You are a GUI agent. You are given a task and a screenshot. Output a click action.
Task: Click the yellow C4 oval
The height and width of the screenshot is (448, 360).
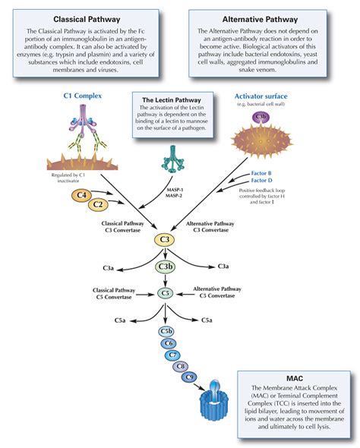coord(83,196)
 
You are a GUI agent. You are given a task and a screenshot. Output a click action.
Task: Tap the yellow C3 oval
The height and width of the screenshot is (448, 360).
coord(165,240)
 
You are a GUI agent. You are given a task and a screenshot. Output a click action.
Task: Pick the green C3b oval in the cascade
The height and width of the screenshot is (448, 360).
coord(166,267)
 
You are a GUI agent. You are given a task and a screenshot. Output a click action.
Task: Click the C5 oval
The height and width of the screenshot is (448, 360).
coord(166,293)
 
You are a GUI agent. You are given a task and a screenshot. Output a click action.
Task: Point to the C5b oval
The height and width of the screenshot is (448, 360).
coord(166,332)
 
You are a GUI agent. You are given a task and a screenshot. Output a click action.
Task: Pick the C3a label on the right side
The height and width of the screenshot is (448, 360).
coord(224,267)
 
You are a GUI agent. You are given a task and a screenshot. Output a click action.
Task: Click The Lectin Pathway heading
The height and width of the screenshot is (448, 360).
coord(168,99)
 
